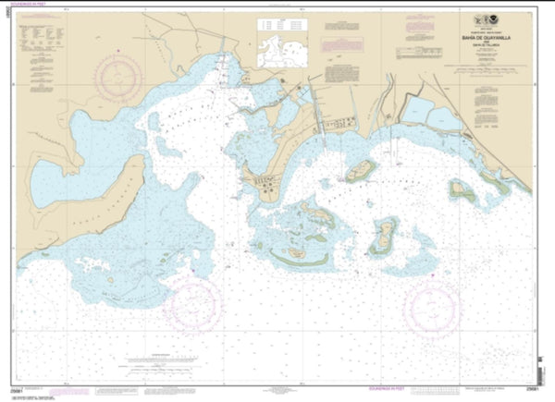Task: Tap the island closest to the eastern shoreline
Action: pyautogui.click(x=460, y=189)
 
